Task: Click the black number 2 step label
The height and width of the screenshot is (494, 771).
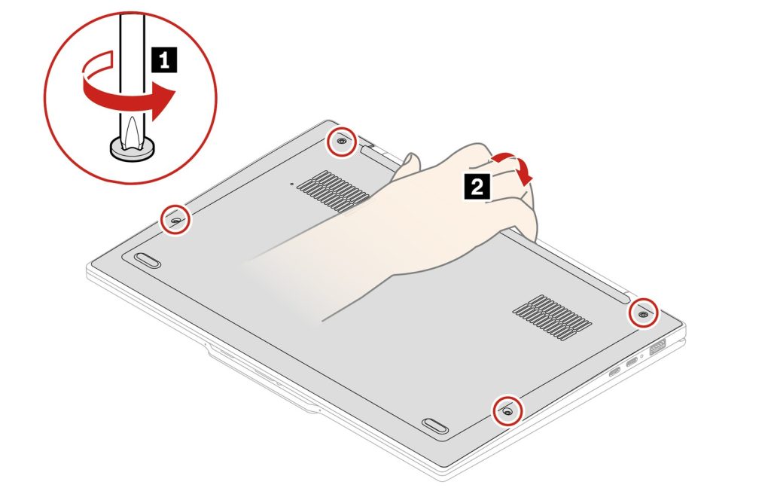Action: pos(477,187)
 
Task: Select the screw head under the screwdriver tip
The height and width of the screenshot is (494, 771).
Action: pos(132,148)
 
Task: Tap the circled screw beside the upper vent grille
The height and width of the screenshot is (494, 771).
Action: pos(342,142)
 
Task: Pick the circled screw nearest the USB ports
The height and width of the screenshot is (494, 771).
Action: pos(643,313)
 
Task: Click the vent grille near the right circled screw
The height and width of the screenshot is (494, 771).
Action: pos(552,318)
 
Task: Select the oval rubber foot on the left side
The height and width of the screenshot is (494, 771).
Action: pos(148,260)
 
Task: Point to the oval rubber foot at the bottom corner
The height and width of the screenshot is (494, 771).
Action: pos(434,425)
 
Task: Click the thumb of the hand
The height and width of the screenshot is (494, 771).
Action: pos(406,166)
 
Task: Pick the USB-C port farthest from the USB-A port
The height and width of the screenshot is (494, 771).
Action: pos(614,373)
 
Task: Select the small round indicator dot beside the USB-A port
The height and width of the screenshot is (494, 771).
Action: pos(641,355)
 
